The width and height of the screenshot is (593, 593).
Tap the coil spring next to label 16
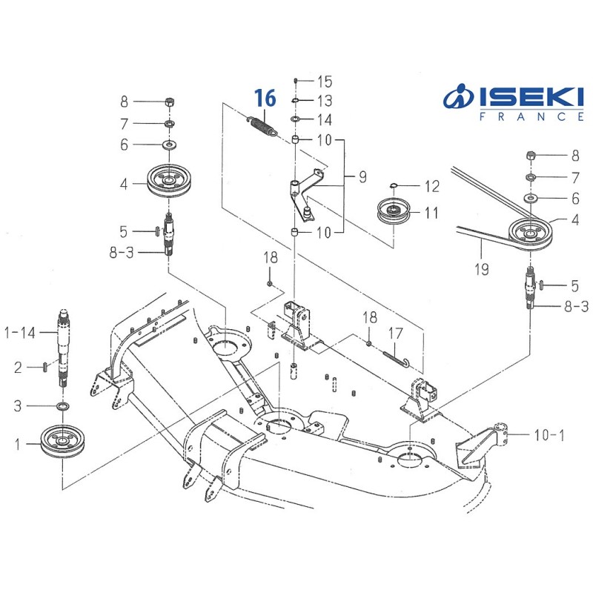point(262,123)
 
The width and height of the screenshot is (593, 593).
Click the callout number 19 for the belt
point(482,269)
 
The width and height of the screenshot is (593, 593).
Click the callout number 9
point(362,178)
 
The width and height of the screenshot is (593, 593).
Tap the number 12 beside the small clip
point(431,186)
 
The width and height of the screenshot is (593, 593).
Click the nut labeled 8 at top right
point(531,156)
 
